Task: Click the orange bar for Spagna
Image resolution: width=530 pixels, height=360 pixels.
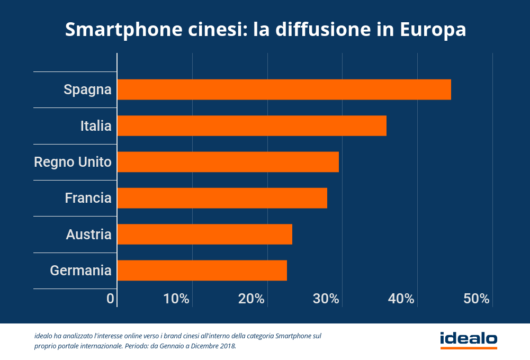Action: pyautogui.click(x=284, y=89)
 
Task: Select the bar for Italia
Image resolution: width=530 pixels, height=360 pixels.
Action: pyautogui.click(x=251, y=126)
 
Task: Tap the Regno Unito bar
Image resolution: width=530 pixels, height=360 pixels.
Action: pyautogui.click(x=228, y=162)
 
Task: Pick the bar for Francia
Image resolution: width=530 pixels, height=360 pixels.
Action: pyautogui.click(x=222, y=198)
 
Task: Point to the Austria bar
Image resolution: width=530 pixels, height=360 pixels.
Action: pyautogui.click(x=204, y=234)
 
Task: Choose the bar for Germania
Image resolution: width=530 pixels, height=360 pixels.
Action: pyautogui.click(x=202, y=270)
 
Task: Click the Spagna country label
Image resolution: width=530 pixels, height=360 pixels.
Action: pyautogui.click(x=87, y=90)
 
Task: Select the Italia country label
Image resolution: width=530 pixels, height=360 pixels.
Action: pyautogui.click(x=96, y=126)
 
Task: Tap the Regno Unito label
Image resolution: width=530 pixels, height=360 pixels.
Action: pyautogui.click(x=73, y=162)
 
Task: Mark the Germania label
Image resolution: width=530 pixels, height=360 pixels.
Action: pyautogui.click(x=80, y=271)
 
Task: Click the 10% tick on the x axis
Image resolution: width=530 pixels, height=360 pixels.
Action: pyautogui.click(x=176, y=299)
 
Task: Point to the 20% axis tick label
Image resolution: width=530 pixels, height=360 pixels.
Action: pyautogui.click(x=251, y=299)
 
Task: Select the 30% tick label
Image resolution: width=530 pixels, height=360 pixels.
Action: pyautogui.click(x=326, y=299)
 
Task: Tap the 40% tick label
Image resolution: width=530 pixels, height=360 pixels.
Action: pyautogui.click(x=401, y=299)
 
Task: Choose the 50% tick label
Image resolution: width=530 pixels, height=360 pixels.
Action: pyautogui.click(x=477, y=299)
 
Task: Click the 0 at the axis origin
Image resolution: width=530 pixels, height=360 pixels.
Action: pyautogui.click(x=110, y=299)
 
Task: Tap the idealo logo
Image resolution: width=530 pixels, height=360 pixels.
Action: pyautogui.click(x=469, y=339)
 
